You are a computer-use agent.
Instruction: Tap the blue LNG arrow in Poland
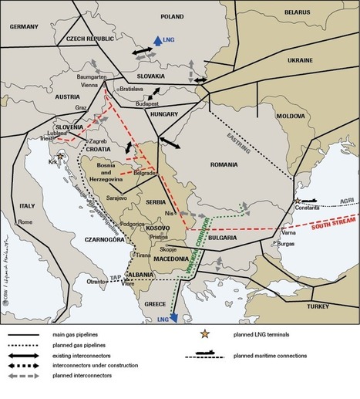[x=156, y=41]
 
